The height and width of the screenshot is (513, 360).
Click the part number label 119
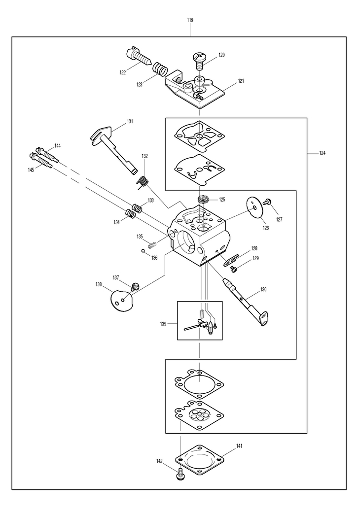[190, 20]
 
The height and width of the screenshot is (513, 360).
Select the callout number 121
[241, 81]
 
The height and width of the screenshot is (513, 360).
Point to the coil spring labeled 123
[160, 68]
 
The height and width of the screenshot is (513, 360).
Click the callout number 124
[323, 153]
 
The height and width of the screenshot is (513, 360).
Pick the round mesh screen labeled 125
[203, 200]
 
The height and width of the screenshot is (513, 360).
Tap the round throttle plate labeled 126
[255, 207]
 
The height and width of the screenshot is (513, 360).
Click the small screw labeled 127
[267, 203]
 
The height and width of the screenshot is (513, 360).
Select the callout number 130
[263, 290]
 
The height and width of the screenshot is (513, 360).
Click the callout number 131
[130, 121]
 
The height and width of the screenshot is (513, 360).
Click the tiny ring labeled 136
[144, 251]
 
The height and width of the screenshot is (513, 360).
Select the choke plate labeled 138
[121, 298]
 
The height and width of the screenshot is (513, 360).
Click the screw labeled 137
[135, 287]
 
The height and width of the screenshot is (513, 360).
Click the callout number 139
[163, 324]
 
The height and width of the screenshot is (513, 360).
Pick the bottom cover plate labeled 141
[200, 459]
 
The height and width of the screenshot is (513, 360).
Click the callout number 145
[31, 170]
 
